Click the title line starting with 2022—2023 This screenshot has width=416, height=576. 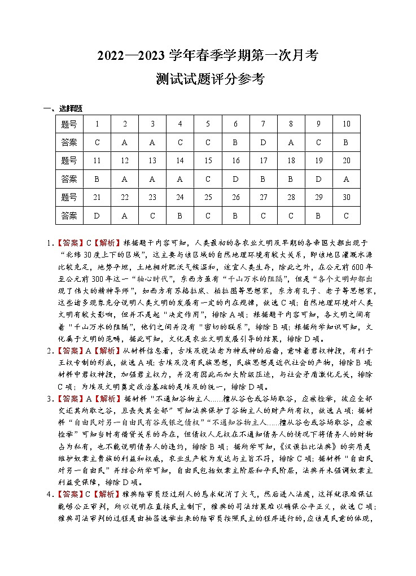pyautogui.click(x=208, y=55)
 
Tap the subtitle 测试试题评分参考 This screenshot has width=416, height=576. pyautogui.click(x=208, y=80)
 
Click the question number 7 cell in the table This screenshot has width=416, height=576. pyautogui.click(x=263, y=124)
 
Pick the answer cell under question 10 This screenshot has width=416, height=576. pyautogui.click(x=346, y=142)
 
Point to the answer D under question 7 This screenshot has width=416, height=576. pyautogui.click(x=263, y=142)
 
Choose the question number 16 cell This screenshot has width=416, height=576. pyautogui.click(x=235, y=160)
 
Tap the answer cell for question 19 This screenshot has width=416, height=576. pyautogui.click(x=318, y=179)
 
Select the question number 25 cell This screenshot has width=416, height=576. pyautogui.click(x=208, y=197)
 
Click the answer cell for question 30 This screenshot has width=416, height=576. pyautogui.click(x=346, y=215)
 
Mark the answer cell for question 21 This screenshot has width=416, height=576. pyautogui.click(x=97, y=215)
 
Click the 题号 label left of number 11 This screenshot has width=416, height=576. pyautogui.click(x=69, y=160)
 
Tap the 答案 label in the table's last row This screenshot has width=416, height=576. pyautogui.click(x=69, y=215)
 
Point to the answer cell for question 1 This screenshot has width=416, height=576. pyautogui.click(x=97, y=142)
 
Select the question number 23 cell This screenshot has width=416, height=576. pyautogui.click(x=152, y=197)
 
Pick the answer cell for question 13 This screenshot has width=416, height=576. pyautogui.click(x=152, y=179)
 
